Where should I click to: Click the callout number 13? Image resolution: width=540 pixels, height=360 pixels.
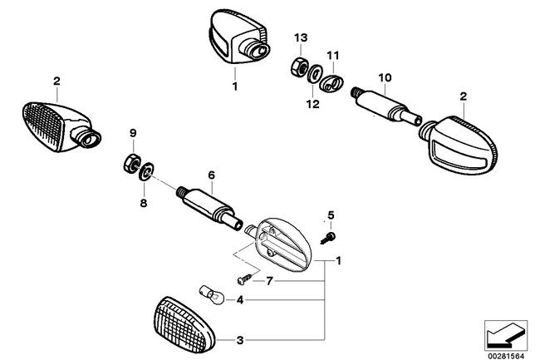click(x=301, y=37)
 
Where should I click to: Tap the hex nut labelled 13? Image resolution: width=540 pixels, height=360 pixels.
click(x=298, y=67)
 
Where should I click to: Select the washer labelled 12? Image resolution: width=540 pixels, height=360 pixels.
click(x=314, y=74)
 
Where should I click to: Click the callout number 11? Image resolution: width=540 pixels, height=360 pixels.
click(x=333, y=55)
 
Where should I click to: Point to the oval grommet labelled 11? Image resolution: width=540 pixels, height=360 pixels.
click(x=331, y=83)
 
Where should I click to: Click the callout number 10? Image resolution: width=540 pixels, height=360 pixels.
click(x=385, y=77)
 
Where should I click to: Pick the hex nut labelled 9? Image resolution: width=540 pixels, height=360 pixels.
click(x=131, y=164)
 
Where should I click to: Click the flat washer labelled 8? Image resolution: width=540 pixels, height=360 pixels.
click(x=146, y=171)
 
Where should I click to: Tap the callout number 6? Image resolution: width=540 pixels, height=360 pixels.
click(x=211, y=175)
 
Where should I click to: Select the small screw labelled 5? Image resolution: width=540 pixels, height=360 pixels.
click(x=328, y=238)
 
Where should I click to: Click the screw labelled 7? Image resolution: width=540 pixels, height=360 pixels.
click(x=244, y=279)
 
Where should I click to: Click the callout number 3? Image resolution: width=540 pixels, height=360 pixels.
click(x=240, y=340)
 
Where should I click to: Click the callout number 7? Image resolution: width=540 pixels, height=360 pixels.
click(x=269, y=281)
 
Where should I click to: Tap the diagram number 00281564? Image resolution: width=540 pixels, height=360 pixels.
click(x=506, y=356)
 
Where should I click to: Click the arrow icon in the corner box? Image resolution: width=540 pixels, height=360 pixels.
click(x=506, y=334)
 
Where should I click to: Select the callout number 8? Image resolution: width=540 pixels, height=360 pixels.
click(x=144, y=203)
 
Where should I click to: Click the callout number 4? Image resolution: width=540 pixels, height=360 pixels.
click(x=240, y=300)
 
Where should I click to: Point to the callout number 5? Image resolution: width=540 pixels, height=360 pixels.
click(x=331, y=215)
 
